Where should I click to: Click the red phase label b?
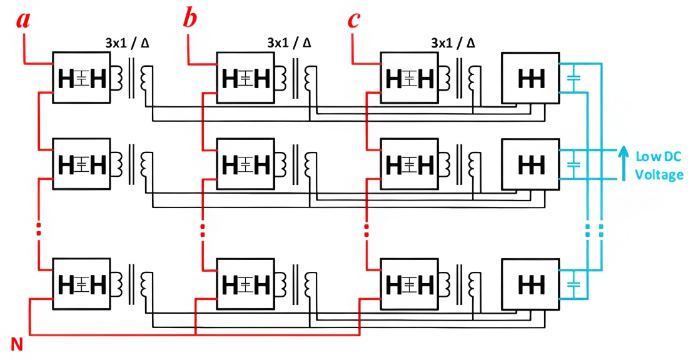(190, 19)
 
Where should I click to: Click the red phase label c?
(354, 19)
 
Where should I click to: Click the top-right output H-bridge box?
(530, 78)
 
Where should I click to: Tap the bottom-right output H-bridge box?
(530, 283)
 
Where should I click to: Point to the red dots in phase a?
(39, 228)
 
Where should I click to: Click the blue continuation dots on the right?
(594, 228)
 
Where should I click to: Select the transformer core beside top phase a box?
(131, 78)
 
